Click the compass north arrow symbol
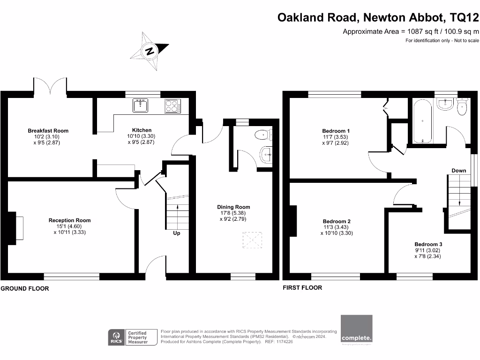150,51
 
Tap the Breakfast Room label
48,131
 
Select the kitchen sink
140,105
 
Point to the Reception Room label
70,220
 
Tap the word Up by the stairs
177,233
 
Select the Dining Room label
233,207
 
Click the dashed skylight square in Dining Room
253,241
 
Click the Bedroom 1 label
336,131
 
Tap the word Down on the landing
459,171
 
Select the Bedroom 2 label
337,221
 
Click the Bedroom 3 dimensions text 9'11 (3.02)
428,250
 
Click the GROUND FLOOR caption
24,289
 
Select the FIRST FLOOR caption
302,288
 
